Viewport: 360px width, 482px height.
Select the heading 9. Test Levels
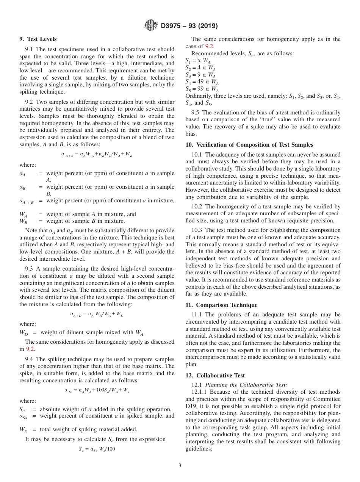[38, 39]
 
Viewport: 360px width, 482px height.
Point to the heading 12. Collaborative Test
[215, 376]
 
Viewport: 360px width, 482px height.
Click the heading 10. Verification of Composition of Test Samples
[249, 144]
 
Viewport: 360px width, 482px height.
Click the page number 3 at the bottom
[180, 466]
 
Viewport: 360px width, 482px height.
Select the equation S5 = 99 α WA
[202, 89]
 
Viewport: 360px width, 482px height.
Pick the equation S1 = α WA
[198, 61]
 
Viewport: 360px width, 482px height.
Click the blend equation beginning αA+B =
[97, 154]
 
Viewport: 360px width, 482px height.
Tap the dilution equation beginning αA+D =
[97, 314]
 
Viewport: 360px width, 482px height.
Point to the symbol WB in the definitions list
[23, 221]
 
